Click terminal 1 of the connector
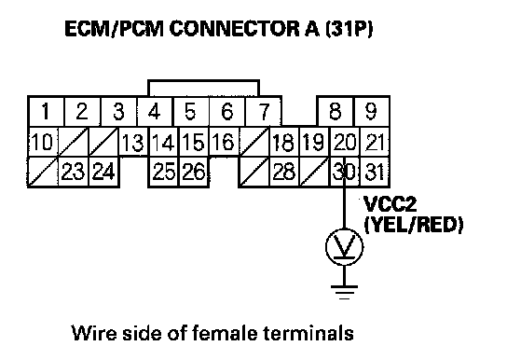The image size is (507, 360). [46, 111]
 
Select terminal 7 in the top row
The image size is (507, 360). [263, 111]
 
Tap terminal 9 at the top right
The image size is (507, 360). [372, 111]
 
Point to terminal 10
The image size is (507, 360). [43, 142]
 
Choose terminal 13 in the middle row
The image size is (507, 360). [133, 142]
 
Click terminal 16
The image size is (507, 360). [224, 142]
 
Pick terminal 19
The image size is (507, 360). [314, 142]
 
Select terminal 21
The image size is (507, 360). [375, 142]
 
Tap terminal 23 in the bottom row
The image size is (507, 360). [73, 172]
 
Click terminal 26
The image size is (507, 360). [194, 172]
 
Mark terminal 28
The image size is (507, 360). [284, 172]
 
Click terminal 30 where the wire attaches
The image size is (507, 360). [344, 172]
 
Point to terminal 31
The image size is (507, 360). [375, 172]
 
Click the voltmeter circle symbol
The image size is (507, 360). [344, 228]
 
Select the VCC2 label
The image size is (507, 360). [390, 203]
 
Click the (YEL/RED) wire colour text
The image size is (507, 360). [414, 225]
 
